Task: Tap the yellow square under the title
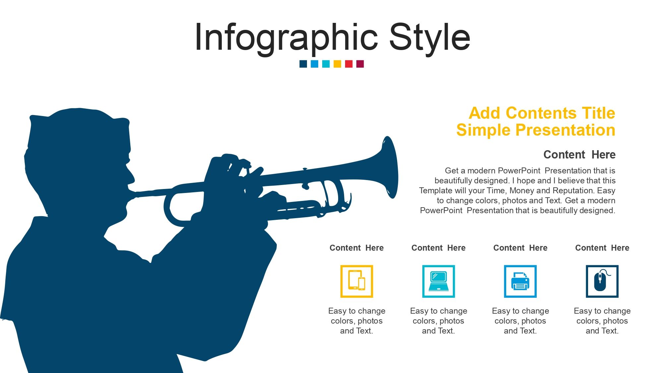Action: coord(337,64)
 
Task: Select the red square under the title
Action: coord(349,64)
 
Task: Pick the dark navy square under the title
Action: coord(303,64)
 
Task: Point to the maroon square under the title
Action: coord(360,64)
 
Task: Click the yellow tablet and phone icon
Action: coord(357,281)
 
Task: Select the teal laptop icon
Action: coord(439,281)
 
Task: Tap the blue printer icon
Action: coord(520,281)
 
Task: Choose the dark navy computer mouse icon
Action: coord(602,281)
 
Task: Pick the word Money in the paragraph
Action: coord(522,190)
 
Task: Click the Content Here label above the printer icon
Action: coord(520,248)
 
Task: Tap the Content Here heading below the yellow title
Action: coord(579,155)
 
